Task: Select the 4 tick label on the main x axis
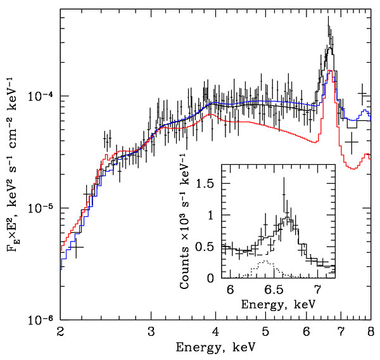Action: [216, 331]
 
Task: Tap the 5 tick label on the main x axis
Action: [266, 331]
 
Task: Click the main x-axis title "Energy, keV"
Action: [215, 348]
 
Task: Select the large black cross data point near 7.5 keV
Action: [352, 143]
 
